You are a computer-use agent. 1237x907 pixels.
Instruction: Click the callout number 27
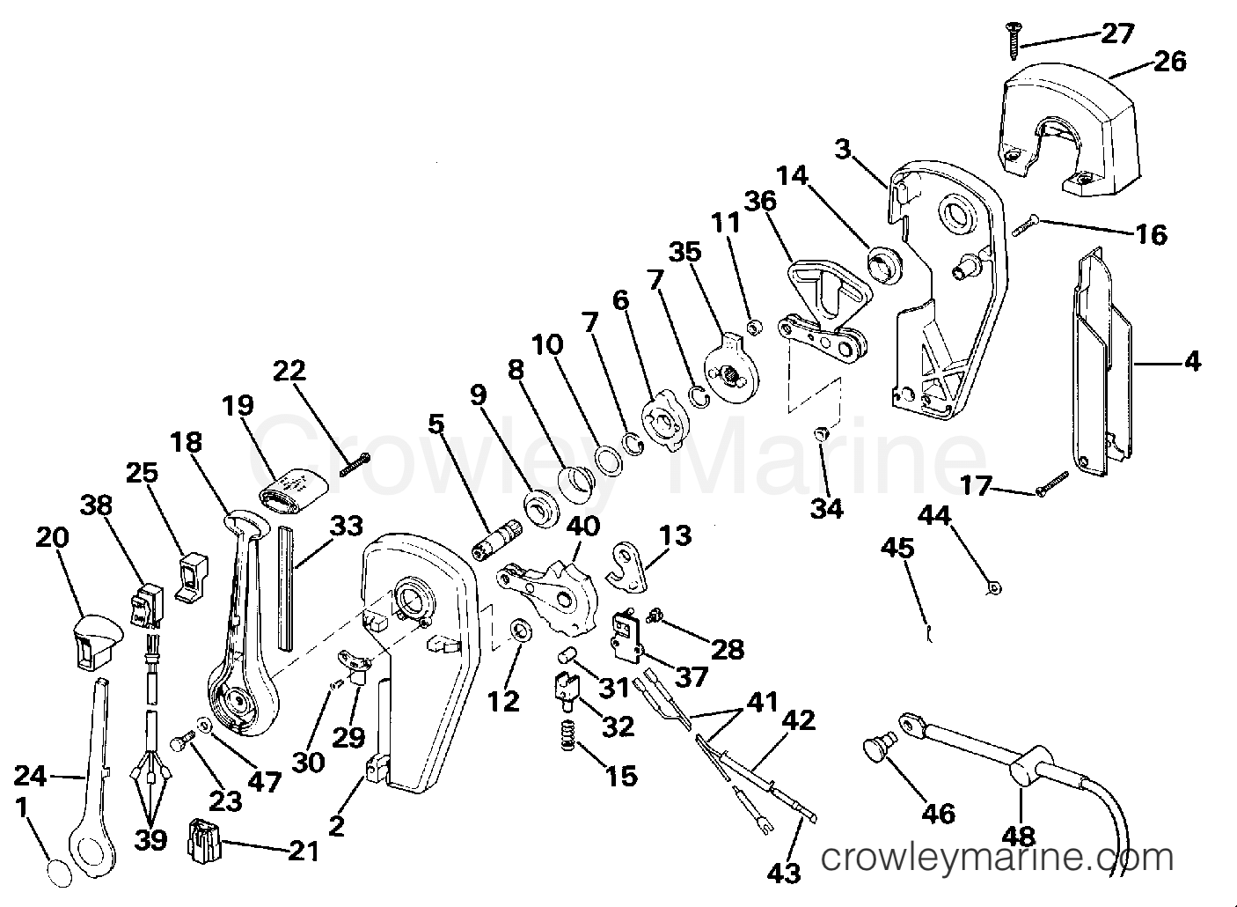1117,34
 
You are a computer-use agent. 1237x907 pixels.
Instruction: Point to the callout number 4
1194,362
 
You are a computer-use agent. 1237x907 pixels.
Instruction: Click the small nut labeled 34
821,433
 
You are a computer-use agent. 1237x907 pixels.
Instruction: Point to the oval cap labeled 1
59,874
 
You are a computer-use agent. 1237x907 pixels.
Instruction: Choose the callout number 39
150,839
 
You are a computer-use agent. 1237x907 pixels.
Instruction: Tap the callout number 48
1020,837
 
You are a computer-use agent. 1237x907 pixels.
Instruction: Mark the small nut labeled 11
751,328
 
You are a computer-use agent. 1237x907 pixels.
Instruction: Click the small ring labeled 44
994,589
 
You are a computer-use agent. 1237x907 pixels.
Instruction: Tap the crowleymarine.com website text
998,858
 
